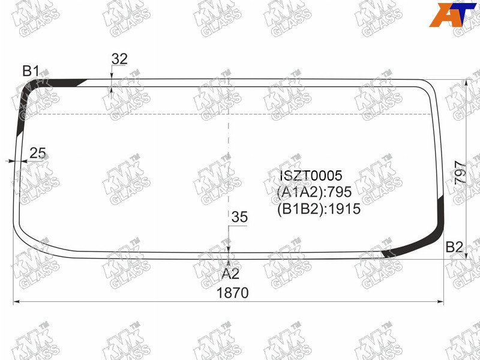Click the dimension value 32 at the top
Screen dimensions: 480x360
(x=119, y=59)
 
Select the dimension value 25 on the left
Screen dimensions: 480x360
(x=38, y=153)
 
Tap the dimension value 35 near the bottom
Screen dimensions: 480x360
(x=239, y=217)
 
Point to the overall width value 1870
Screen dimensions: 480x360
(x=232, y=293)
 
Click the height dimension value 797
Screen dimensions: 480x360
(x=460, y=172)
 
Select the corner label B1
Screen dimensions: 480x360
(x=31, y=71)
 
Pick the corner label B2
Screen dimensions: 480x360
(x=454, y=247)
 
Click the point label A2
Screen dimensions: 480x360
(x=230, y=274)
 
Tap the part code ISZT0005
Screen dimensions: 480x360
(x=311, y=176)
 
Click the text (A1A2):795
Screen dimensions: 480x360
(x=314, y=192)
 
